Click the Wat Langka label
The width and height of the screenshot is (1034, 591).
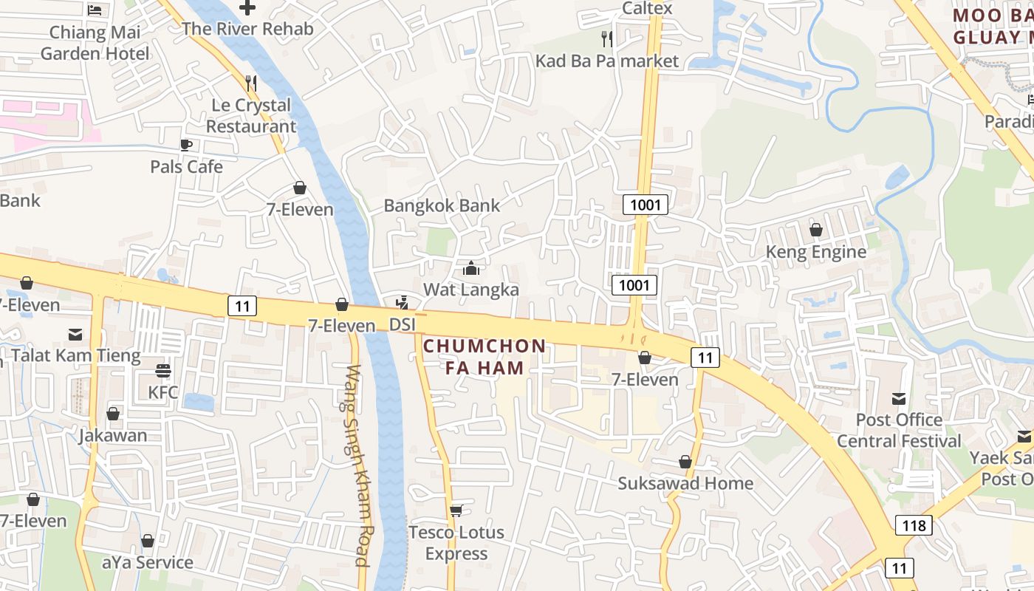tap(471, 290)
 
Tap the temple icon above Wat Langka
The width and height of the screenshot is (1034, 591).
tap(471, 268)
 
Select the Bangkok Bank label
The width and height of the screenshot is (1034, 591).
tap(442, 205)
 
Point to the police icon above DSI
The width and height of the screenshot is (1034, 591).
tap(403, 302)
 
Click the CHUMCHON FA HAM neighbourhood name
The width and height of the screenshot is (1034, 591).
tap(485, 357)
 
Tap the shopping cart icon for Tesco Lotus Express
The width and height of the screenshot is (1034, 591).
tap(456, 510)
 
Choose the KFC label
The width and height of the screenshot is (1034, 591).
tap(163, 392)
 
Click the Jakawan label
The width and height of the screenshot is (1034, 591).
tap(114, 435)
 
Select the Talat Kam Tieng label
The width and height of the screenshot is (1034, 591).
tap(75, 355)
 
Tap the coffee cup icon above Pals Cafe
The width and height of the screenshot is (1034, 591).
tap(186, 145)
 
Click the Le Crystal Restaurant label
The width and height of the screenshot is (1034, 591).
tap(251, 116)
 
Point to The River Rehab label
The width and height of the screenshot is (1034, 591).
tap(247, 29)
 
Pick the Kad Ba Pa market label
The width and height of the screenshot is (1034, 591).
tap(606, 61)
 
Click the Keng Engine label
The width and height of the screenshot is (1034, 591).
tap(816, 252)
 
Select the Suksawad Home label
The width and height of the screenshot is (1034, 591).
tap(685, 483)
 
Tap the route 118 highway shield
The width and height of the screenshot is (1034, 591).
tap(914, 525)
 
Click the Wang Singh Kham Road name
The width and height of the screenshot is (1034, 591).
tap(357, 465)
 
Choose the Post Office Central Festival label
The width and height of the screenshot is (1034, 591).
tap(899, 431)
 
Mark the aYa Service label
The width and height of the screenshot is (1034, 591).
tap(148, 562)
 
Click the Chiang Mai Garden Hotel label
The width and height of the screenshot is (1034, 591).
tap(95, 43)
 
